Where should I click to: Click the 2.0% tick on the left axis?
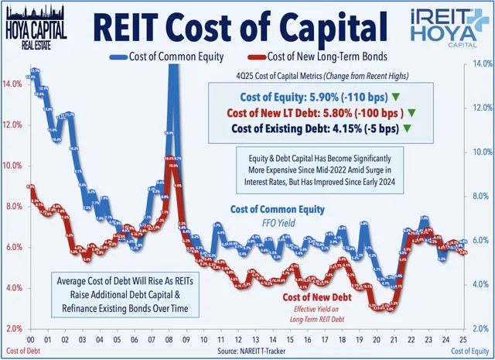click(13, 329)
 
